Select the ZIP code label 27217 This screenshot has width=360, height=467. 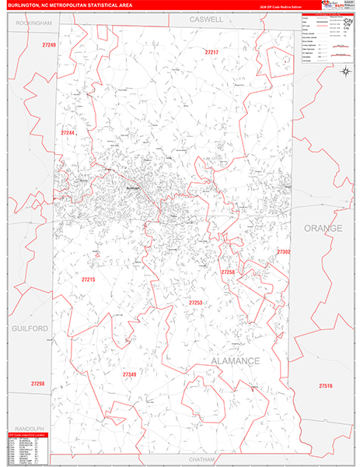click(211, 52)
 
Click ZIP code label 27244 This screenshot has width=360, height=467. click(68, 133)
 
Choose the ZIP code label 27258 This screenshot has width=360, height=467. click(227, 272)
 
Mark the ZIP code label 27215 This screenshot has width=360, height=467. click(88, 279)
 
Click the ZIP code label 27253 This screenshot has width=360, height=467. click(195, 303)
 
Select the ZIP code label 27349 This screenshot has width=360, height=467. click(129, 374)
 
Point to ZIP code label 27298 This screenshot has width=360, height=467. click(38, 384)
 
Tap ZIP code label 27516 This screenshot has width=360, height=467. click(325, 386)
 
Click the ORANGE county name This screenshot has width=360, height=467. click(322, 228)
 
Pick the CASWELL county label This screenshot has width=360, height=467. click(206, 18)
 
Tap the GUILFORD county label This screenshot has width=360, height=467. click(30, 329)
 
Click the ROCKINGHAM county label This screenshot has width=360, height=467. click(33, 23)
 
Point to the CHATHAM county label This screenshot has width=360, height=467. click(201, 460)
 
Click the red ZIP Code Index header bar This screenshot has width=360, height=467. click(28, 435)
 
